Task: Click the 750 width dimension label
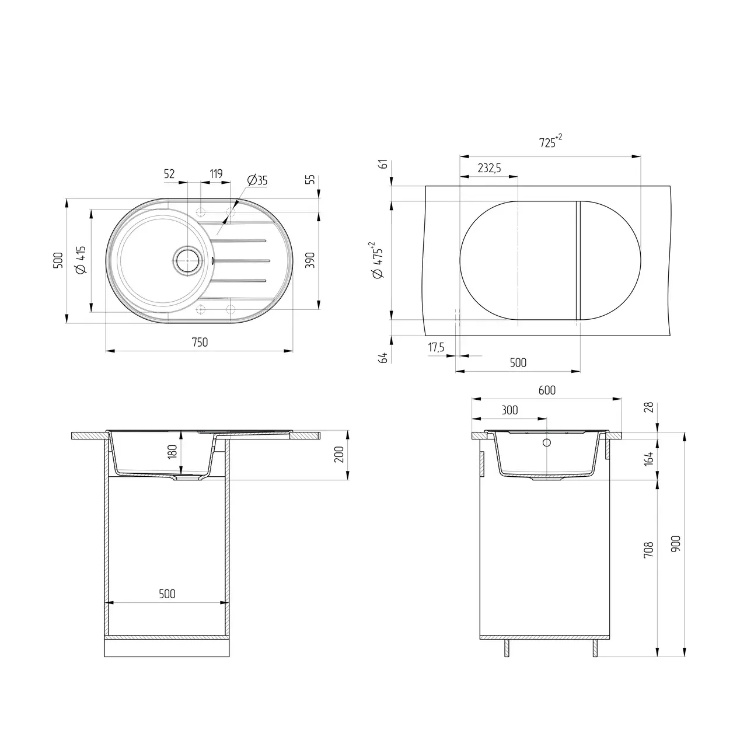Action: pos(200,343)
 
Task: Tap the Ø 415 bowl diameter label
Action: pos(81,260)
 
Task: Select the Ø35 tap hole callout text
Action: pos(257,180)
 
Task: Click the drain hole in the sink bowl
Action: pos(188,260)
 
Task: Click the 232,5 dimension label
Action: pos(489,168)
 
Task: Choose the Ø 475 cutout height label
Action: pos(378,260)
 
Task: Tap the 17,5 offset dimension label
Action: pos(437,348)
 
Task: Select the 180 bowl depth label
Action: pos(172,452)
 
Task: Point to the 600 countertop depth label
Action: pos(547,390)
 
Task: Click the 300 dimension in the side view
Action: pos(509,410)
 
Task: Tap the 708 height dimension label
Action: pos(648,550)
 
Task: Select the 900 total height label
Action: pos(676,544)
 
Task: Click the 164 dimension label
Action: pos(648,458)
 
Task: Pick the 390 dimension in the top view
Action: pos(310,260)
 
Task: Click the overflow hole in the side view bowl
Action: pos(547,442)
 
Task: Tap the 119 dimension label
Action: pos(215,173)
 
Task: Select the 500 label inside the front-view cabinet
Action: pos(167,594)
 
